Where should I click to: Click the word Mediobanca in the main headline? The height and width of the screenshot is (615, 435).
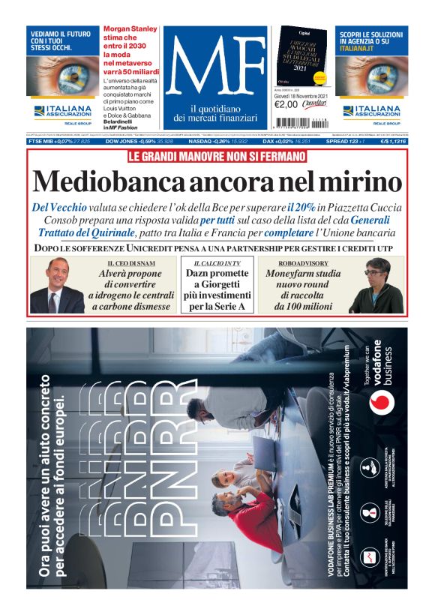(x=117, y=182)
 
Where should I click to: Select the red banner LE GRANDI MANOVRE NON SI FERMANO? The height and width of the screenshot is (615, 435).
(x=217, y=157)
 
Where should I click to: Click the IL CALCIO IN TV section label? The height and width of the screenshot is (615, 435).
(x=217, y=264)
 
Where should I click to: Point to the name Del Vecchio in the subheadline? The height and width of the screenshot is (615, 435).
(x=61, y=207)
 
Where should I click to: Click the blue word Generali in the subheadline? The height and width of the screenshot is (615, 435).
(x=371, y=220)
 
